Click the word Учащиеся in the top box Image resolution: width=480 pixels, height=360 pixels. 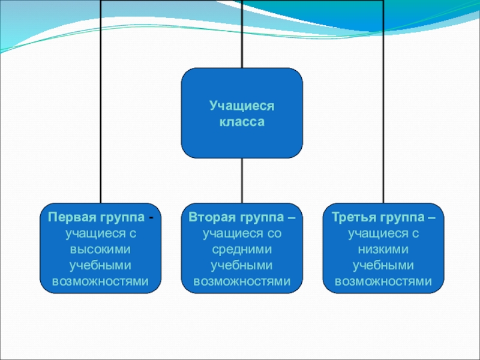coord(242,106)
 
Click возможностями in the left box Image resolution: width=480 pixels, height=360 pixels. coord(101,281)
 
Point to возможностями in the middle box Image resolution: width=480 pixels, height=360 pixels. coord(242,281)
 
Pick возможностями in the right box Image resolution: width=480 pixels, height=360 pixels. coord(383,281)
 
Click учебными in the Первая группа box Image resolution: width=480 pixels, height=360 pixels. coord(101,265)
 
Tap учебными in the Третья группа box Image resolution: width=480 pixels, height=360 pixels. coord(383,265)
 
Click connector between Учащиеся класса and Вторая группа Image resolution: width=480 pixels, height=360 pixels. coord(242,180)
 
